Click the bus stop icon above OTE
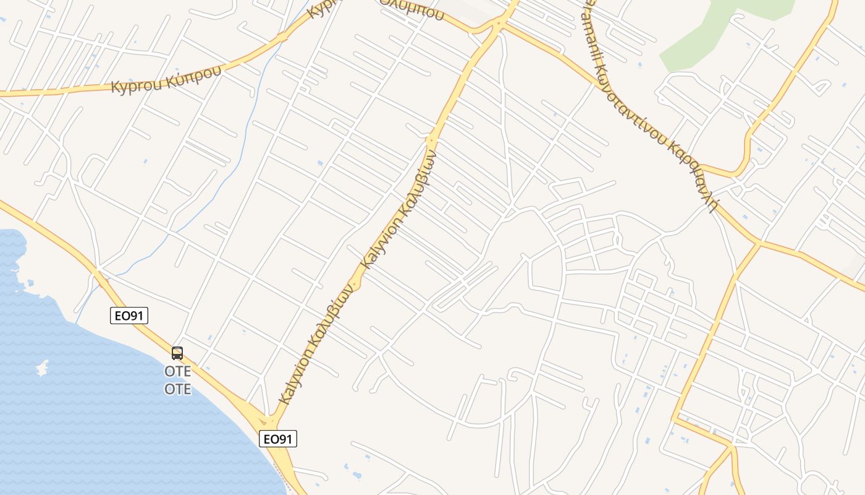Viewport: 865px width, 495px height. [x=177, y=353]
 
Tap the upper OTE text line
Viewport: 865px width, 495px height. [x=177, y=371]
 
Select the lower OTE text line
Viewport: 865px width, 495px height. [x=177, y=389]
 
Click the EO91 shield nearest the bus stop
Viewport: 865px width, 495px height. [x=129, y=316]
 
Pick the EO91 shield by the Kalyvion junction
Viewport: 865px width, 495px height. [x=277, y=439]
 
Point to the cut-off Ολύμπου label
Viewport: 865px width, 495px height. [x=412, y=9]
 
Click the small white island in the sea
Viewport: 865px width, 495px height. [x=42, y=368]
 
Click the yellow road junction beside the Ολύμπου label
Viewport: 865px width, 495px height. [x=497, y=25]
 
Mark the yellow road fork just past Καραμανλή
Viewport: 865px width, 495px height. [x=759, y=243]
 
